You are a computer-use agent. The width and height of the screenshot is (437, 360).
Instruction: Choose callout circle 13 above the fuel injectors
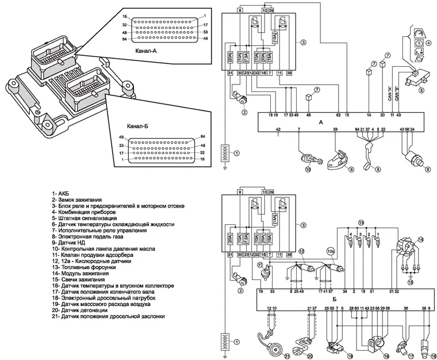[x=361, y=222]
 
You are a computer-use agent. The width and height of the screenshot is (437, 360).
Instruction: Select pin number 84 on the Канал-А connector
[x=124, y=39]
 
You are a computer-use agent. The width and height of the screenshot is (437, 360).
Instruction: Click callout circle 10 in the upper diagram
[x=308, y=170]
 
